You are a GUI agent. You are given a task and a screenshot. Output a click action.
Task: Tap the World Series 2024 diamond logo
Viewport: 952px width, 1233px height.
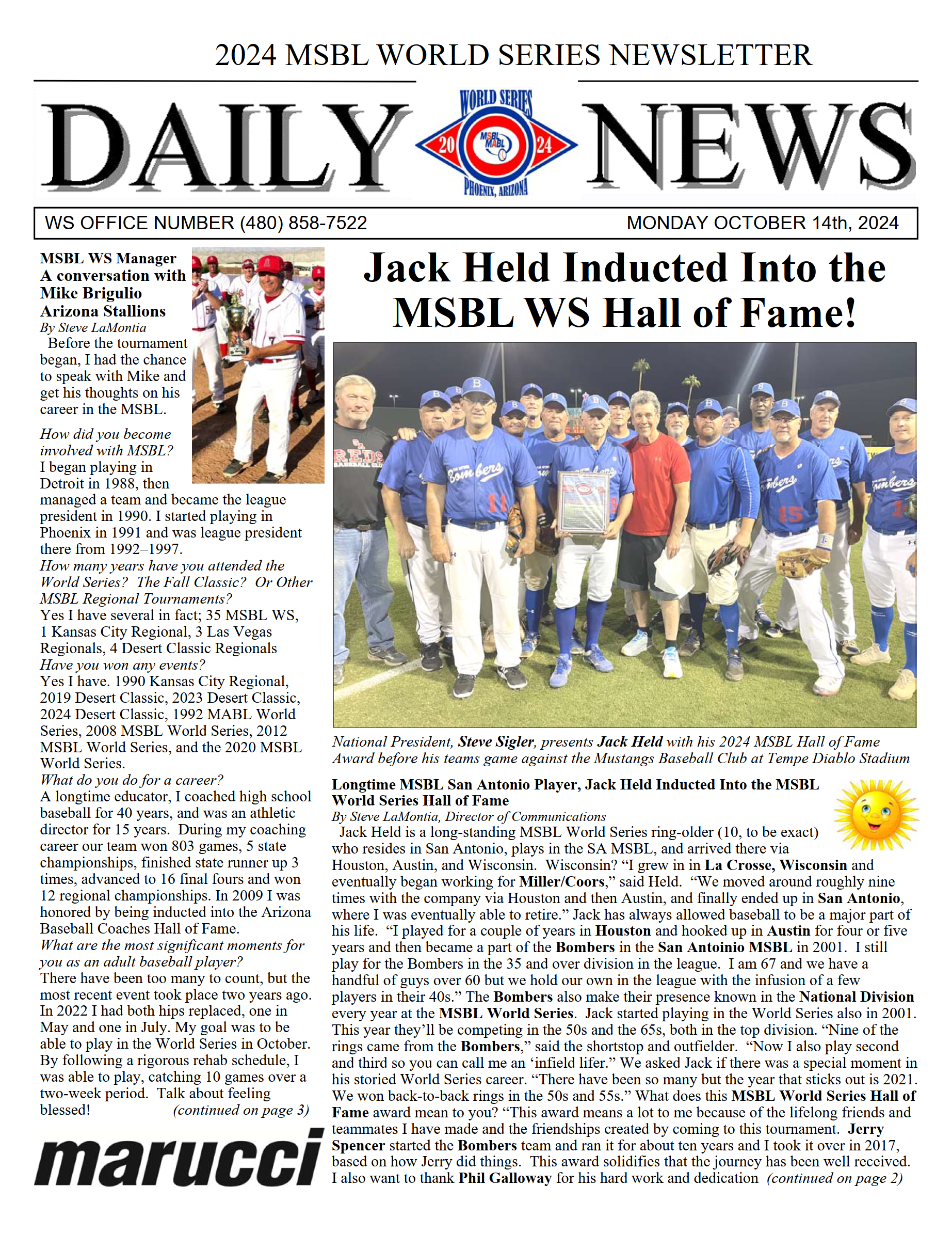pyautogui.click(x=496, y=144)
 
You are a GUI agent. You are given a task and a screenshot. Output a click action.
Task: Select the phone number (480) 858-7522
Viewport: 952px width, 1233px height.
pyautogui.click(x=303, y=223)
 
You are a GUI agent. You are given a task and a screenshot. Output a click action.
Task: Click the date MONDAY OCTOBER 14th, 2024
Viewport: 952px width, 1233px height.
pyautogui.click(x=762, y=223)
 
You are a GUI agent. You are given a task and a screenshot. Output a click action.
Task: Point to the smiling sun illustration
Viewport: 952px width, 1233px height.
pyautogui.click(x=875, y=815)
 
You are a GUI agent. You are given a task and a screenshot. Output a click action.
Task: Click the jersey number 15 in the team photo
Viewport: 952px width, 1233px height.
pyautogui.click(x=789, y=514)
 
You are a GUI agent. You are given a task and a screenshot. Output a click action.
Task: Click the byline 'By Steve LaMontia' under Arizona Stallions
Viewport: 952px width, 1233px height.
pyautogui.click(x=93, y=327)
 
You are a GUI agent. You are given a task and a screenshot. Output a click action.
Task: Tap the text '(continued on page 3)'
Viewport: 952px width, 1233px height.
pyautogui.click(x=241, y=1110)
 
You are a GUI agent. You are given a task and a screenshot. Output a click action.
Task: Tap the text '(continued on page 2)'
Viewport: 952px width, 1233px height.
pyautogui.click(x=835, y=1178)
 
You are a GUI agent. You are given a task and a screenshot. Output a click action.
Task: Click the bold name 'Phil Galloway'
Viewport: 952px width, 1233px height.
pyautogui.click(x=505, y=1178)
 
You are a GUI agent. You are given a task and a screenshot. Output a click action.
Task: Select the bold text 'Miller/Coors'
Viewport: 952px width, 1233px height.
pyautogui.click(x=561, y=882)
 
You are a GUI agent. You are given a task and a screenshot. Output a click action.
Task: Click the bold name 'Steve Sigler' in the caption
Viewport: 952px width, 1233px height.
pyautogui.click(x=495, y=742)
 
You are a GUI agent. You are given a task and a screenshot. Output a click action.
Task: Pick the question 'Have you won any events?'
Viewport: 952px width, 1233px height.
pyautogui.click(x=122, y=665)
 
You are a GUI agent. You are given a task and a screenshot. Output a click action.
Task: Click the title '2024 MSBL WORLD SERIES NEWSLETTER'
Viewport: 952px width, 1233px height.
pyautogui.click(x=513, y=55)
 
